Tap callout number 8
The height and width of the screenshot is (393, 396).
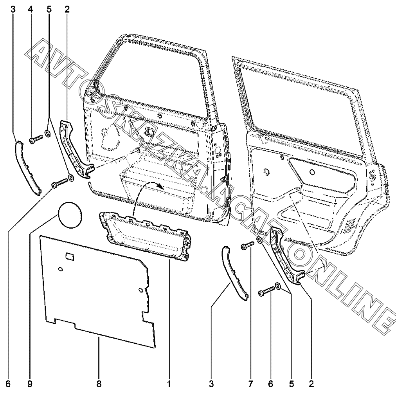(x=99, y=384)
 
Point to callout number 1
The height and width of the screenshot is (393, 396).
(x=169, y=384)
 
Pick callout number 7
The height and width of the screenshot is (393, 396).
(x=250, y=384)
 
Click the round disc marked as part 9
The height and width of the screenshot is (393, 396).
(x=70, y=214)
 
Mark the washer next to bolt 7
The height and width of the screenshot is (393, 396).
(x=260, y=240)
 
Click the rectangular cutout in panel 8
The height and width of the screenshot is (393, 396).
(x=70, y=256)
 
